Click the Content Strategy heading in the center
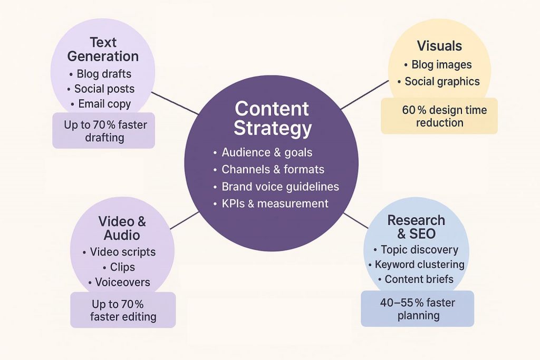pos(272,118)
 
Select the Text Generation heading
pos(103,49)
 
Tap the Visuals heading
pos(439,46)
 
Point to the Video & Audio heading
pos(122,228)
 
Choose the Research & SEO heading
pos(416,227)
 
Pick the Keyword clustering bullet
pos(419,265)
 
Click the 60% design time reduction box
pos(439,116)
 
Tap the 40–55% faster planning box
pos(417,309)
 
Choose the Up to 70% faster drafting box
pos(103,131)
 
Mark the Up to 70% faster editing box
pos(123,310)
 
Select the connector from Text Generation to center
pos(175,102)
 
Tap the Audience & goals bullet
pos(267,153)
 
